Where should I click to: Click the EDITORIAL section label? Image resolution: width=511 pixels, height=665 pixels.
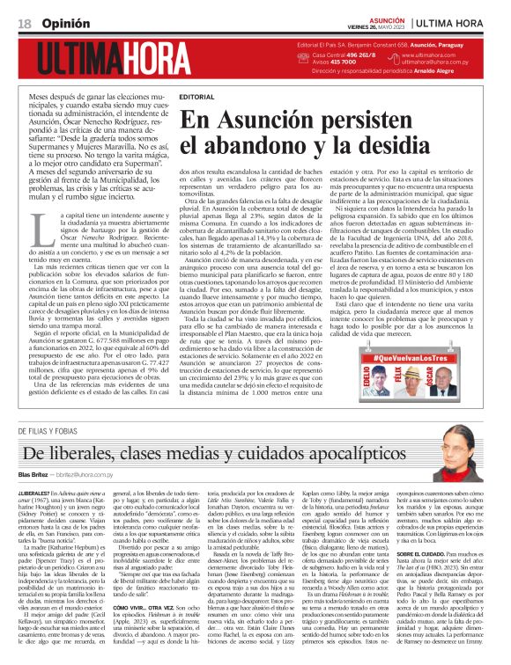click(196, 95)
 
